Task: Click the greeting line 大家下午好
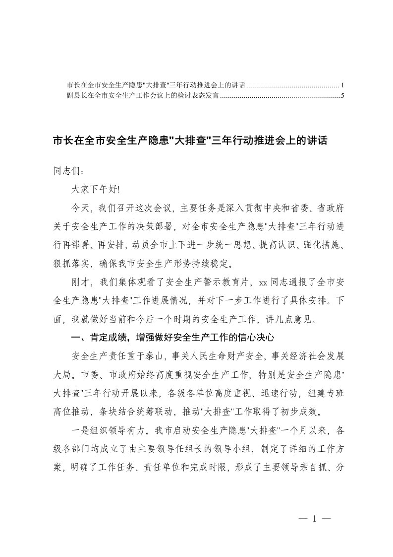96,189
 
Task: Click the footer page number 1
314,519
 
